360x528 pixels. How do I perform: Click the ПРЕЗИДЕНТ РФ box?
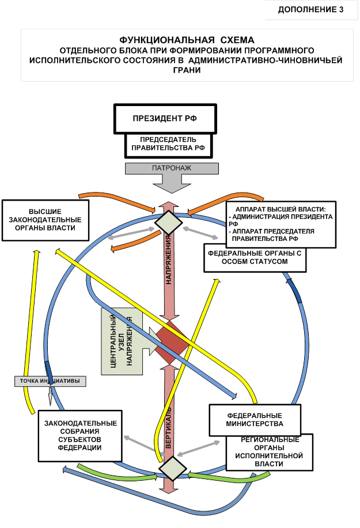pyautogui.click(x=165, y=119)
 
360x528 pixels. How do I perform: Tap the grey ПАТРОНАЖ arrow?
pyautogui.click(x=172, y=168)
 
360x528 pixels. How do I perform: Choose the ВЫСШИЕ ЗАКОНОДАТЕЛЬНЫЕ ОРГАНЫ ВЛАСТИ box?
pyautogui.click(x=46, y=220)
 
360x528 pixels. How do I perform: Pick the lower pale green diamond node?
pyautogui.click(x=171, y=467)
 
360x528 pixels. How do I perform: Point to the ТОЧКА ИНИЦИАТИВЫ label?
pyautogui.click(x=51, y=380)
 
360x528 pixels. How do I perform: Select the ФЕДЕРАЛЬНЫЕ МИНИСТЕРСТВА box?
pyautogui.click(x=254, y=419)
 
